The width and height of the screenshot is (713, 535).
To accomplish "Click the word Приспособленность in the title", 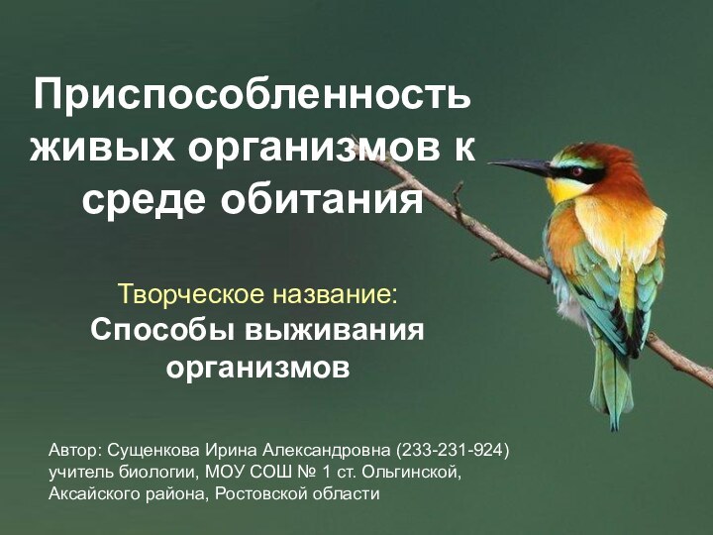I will click(253, 96).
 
